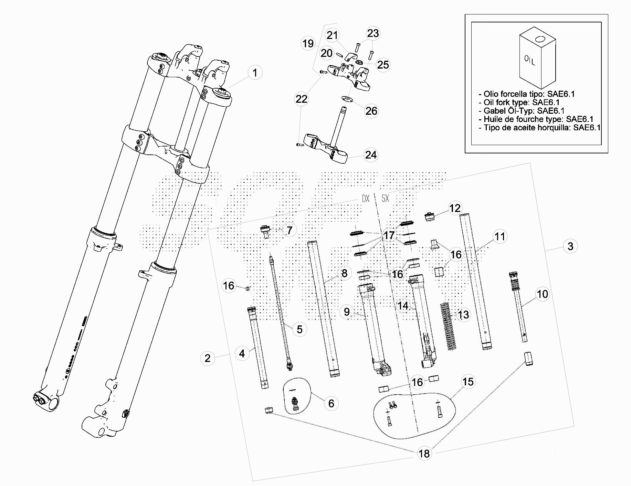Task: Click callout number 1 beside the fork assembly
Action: pyautogui.click(x=255, y=73)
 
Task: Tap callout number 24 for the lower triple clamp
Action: pyautogui.click(x=371, y=155)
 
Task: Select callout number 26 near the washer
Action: pyautogui.click(x=371, y=111)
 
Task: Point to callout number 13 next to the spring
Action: pyautogui.click(x=464, y=315)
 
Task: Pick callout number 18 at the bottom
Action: pyautogui.click(x=424, y=454)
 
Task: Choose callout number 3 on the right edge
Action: pyautogui.click(x=570, y=246)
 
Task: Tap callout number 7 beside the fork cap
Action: pyautogui.click(x=290, y=230)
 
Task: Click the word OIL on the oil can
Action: pyautogui.click(x=530, y=61)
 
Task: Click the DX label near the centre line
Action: pyautogui.click(x=365, y=199)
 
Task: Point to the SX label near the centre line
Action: pyautogui.click(x=385, y=199)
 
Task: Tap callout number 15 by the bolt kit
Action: pyautogui.click(x=468, y=382)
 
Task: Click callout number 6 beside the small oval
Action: pyautogui.click(x=331, y=403)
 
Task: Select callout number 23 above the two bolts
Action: pyautogui.click(x=373, y=33)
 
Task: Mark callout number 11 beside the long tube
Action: pyautogui.click(x=500, y=236)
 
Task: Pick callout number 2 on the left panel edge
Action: pyautogui.click(x=207, y=358)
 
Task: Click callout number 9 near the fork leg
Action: pyautogui.click(x=347, y=312)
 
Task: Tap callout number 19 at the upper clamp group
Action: pyautogui.click(x=308, y=43)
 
